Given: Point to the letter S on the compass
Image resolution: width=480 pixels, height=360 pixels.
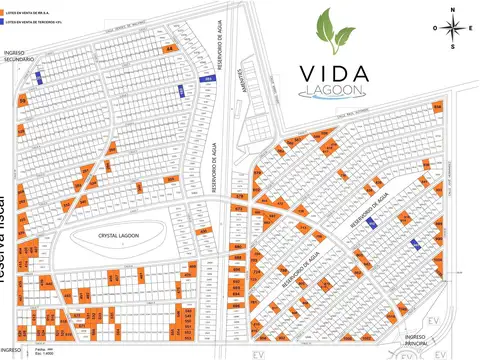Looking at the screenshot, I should click(x=453, y=46).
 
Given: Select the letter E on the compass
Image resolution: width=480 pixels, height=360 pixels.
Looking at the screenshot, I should click(x=470, y=28).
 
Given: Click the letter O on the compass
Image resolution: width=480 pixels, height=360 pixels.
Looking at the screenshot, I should click(x=436, y=28).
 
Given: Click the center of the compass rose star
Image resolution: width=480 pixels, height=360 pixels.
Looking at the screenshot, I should click(x=453, y=28).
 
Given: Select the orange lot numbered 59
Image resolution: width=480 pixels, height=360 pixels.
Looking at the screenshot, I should click(x=22, y=101).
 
